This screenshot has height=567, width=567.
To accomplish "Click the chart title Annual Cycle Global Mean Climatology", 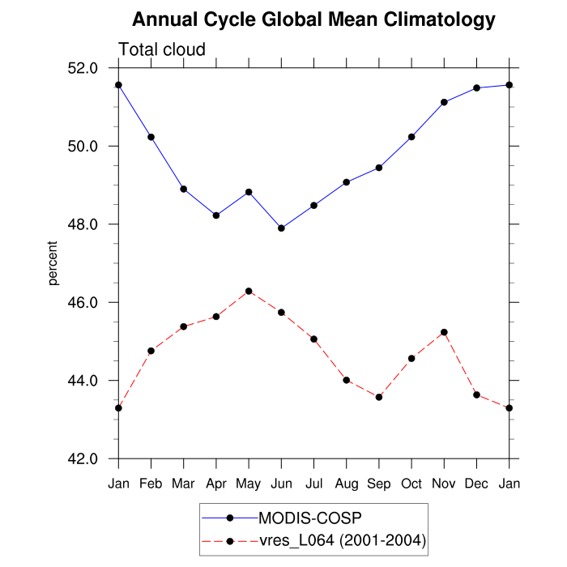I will (x=313, y=19).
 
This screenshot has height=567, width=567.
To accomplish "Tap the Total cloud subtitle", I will (x=162, y=49).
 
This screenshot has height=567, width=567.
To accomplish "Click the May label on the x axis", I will (x=249, y=484).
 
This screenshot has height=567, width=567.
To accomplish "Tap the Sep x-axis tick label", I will (x=379, y=484).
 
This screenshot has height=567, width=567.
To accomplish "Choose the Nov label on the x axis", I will (x=444, y=484).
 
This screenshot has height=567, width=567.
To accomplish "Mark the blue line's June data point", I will (x=281, y=228).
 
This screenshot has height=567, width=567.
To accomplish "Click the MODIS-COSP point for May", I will (x=249, y=192).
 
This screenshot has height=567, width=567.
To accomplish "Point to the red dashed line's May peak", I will (x=249, y=291).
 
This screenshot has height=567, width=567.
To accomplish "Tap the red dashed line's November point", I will (x=444, y=332).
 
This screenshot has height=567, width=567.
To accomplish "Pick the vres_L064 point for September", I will (x=379, y=397).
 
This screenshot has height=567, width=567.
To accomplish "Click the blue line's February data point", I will (x=151, y=137).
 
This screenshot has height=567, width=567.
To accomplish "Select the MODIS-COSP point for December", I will (x=476, y=87).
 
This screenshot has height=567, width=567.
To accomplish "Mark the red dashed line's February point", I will (x=151, y=351).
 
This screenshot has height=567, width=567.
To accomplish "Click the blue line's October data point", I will (x=411, y=137).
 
